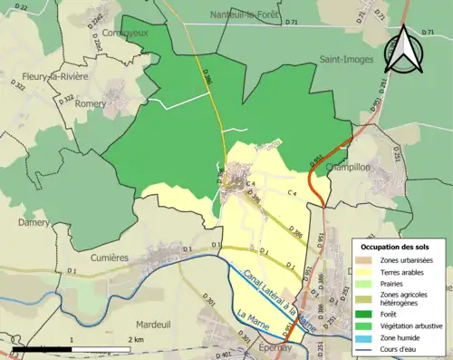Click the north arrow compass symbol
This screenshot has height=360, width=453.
click(x=405, y=49)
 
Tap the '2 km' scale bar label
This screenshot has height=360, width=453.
click(x=136, y=339)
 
